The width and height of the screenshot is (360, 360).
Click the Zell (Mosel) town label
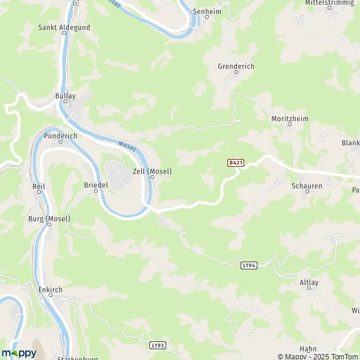152,171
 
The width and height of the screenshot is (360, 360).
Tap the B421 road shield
235,163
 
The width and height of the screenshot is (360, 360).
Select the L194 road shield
249,265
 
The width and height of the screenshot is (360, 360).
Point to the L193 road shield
157,346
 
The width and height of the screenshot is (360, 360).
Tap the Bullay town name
65,95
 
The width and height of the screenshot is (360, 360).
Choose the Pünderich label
60,136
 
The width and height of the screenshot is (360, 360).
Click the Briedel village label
96,185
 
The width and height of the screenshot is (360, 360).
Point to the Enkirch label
50,289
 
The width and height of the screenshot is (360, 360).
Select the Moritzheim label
289,119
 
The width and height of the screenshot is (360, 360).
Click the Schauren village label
307,186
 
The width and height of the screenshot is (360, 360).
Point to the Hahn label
308,349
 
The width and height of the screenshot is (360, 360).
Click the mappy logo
19,353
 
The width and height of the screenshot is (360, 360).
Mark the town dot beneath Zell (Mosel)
152,177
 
